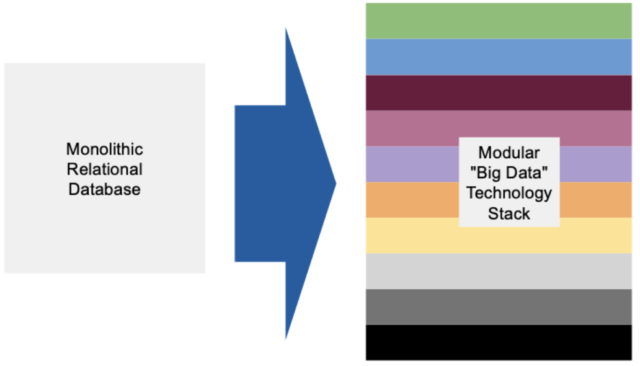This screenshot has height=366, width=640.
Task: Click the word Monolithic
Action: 104,150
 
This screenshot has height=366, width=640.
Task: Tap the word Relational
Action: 104,169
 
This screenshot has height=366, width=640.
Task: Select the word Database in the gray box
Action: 104,189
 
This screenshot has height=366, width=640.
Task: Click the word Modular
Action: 509,153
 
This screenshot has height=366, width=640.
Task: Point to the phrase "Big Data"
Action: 509,172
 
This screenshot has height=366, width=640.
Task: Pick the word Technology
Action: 509,193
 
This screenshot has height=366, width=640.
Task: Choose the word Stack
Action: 509,213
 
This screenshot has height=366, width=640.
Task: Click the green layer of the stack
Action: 499,21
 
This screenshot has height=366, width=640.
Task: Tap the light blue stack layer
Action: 499,57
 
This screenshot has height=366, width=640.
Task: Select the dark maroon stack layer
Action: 499,93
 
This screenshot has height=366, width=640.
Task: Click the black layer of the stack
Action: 499,342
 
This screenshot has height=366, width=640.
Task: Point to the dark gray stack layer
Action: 499,307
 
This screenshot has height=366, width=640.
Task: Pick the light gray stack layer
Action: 499,271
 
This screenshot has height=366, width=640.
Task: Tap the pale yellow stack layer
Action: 409,236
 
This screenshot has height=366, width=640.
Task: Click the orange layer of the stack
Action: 409,200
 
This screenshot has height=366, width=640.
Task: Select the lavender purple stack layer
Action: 409,164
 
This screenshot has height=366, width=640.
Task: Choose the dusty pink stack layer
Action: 409,128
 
